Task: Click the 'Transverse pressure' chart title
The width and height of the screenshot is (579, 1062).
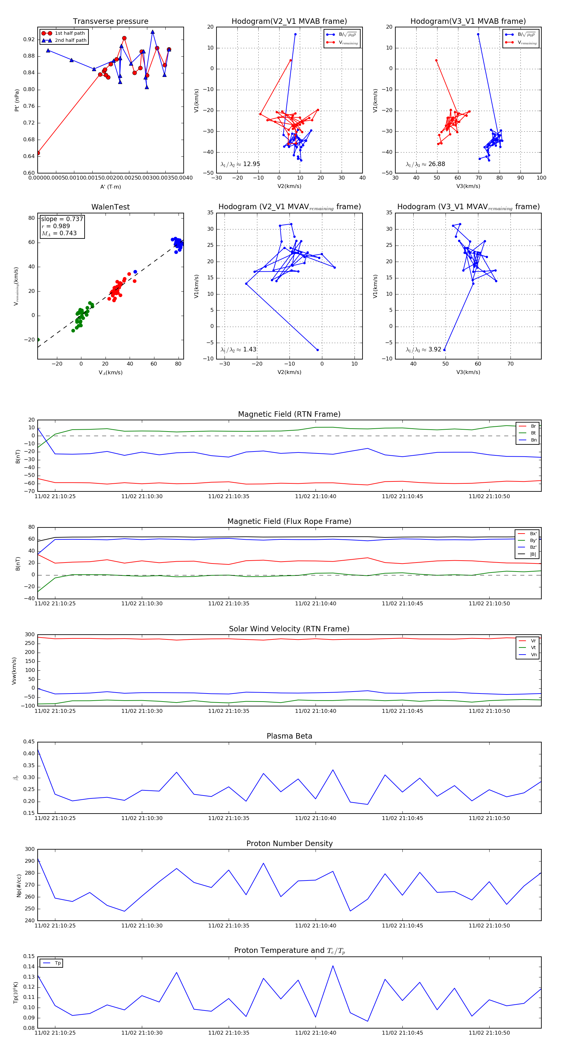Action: click(110, 22)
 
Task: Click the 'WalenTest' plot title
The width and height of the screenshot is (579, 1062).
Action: click(110, 207)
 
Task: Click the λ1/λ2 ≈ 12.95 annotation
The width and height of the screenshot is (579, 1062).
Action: click(240, 164)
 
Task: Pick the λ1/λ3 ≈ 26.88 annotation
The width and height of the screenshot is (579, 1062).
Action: click(425, 164)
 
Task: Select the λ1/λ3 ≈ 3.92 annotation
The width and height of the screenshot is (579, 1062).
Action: click(423, 349)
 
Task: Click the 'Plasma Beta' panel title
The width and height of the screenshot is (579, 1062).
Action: click(289, 736)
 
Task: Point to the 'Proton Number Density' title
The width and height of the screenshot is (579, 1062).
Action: click(289, 843)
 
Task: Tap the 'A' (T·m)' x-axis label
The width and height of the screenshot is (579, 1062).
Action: click(110, 187)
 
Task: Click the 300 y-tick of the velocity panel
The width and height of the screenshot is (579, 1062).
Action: click(30, 635)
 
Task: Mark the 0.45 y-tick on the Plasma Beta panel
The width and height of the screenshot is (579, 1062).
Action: click(29, 742)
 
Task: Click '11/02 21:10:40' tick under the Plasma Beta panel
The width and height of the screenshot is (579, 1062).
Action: click(315, 818)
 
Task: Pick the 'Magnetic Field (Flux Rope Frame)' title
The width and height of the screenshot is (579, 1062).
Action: click(289, 522)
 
